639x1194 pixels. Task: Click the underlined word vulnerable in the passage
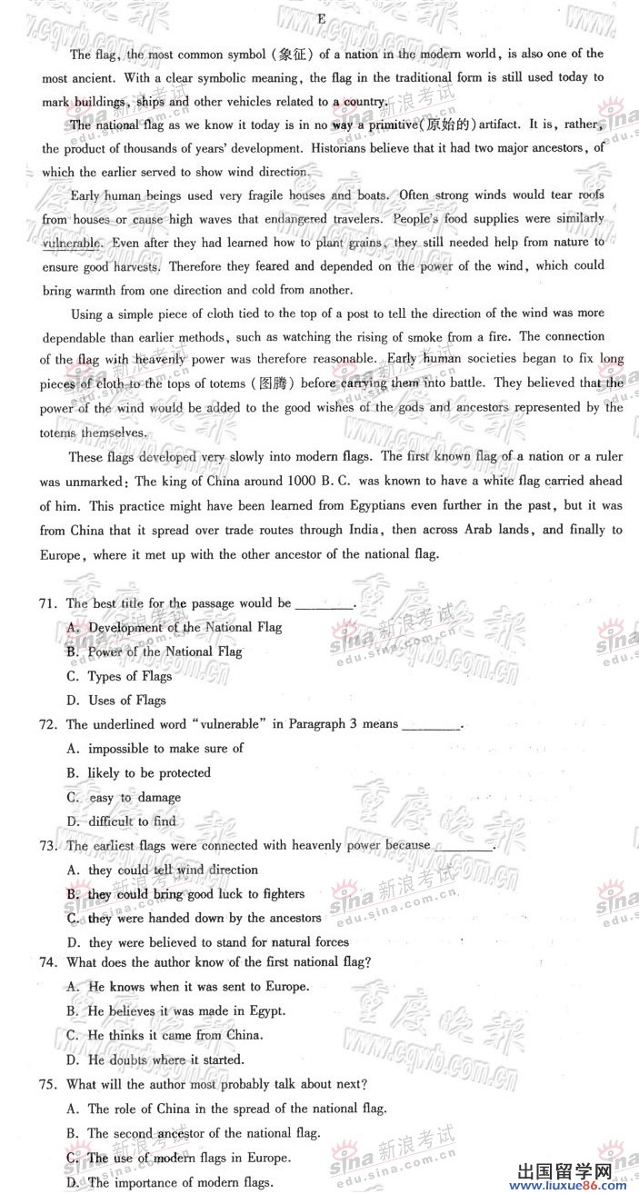[x=72, y=244]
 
